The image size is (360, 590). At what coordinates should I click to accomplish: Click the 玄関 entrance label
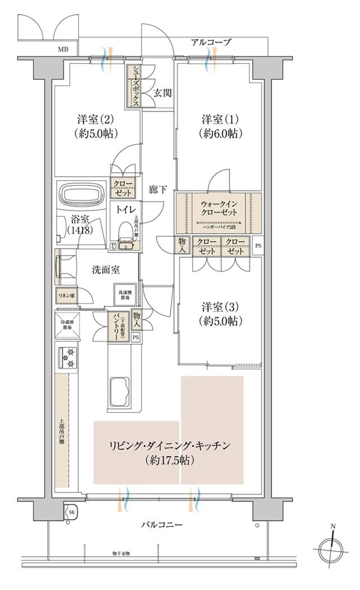pyautogui.click(x=163, y=93)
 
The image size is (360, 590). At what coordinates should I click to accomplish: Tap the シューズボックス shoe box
pyautogui.click(x=136, y=87)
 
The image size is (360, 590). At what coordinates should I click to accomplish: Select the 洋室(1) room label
pyautogui.click(x=220, y=126)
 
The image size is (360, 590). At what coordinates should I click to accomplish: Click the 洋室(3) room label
pyautogui.click(x=220, y=314)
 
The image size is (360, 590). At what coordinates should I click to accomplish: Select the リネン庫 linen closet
pyautogui.click(x=66, y=295)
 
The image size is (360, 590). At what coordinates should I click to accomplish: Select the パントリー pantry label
pyautogui.click(x=118, y=326)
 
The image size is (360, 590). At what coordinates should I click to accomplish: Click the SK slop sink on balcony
pyautogui.click(x=71, y=512)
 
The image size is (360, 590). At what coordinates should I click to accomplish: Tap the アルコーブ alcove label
pyautogui.click(x=211, y=42)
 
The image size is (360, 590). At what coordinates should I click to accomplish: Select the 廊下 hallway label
pyautogui.click(x=157, y=190)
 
